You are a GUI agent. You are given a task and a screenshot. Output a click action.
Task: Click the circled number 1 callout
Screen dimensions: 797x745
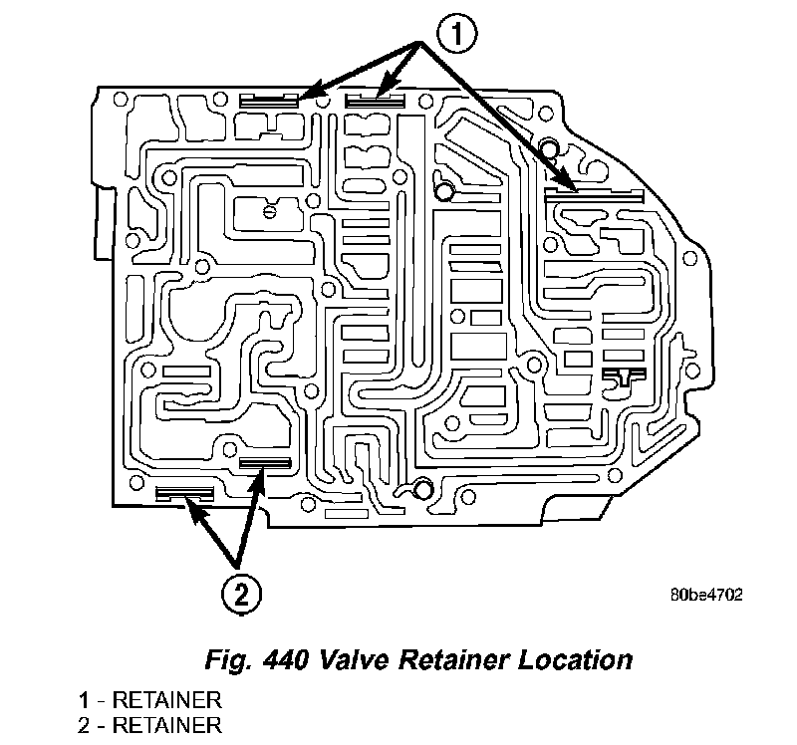tap(457, 35)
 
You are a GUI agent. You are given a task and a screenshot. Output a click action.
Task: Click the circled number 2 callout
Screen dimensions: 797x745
tap(241, 593)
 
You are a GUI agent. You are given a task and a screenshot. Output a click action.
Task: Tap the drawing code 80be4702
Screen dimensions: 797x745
tap(706, 595)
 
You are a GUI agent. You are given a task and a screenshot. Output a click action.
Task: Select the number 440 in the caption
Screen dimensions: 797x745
tap(286, 660)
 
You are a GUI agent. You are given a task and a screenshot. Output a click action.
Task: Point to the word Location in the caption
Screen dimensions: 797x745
tap(576, 660)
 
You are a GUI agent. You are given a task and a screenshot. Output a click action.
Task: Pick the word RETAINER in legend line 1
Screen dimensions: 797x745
tap(166, 700)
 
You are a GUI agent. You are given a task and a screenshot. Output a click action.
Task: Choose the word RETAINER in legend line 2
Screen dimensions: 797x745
tap(166, 725)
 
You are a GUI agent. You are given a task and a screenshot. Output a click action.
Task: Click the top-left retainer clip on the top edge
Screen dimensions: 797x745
tap(268, 101)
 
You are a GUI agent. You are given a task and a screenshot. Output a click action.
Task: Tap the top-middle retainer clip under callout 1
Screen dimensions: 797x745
tap(376, 101)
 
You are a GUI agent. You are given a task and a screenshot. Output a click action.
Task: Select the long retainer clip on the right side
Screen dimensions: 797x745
tap(594, 195)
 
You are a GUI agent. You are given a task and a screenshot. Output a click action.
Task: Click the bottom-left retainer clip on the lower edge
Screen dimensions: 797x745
tap(184, 493)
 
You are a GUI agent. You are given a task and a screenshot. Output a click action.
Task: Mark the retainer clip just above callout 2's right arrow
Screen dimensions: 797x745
tap(265, 463)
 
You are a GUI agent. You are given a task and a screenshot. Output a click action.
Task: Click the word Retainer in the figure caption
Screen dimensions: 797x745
tap(454, 660)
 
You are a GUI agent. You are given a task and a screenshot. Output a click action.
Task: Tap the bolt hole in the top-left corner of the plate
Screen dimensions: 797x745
tap(120, 99)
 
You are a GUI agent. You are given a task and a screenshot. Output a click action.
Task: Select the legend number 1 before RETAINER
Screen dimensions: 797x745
tap(84, 700)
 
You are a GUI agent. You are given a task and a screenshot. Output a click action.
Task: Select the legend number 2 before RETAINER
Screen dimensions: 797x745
tap(84, 725)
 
